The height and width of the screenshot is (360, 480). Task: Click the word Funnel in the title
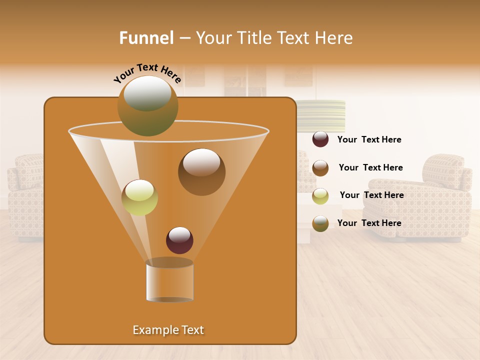click(146, 38)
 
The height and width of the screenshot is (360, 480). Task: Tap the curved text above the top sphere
click(147, 73)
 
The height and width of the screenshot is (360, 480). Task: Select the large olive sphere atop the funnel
click(147, 105)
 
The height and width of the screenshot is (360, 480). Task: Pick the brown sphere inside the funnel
click(201, 171)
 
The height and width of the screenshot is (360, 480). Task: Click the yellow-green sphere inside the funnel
click(139, 197)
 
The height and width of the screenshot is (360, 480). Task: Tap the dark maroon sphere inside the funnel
click(179, 240)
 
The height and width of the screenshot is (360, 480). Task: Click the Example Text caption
click(168, 330)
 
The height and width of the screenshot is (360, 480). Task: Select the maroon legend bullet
click(320, 139)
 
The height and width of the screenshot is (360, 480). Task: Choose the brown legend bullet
click(320, 168)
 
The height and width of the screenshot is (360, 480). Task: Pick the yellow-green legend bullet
click(320, 196)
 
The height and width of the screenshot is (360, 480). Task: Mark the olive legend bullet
click(320, 223)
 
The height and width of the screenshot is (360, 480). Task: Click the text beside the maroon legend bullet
click(369, 140)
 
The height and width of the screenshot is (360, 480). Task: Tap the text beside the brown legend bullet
click(370, 168)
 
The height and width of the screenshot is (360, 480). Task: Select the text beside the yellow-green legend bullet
click(371, 195)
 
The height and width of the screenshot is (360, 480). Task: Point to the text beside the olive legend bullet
click(369, 223)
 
